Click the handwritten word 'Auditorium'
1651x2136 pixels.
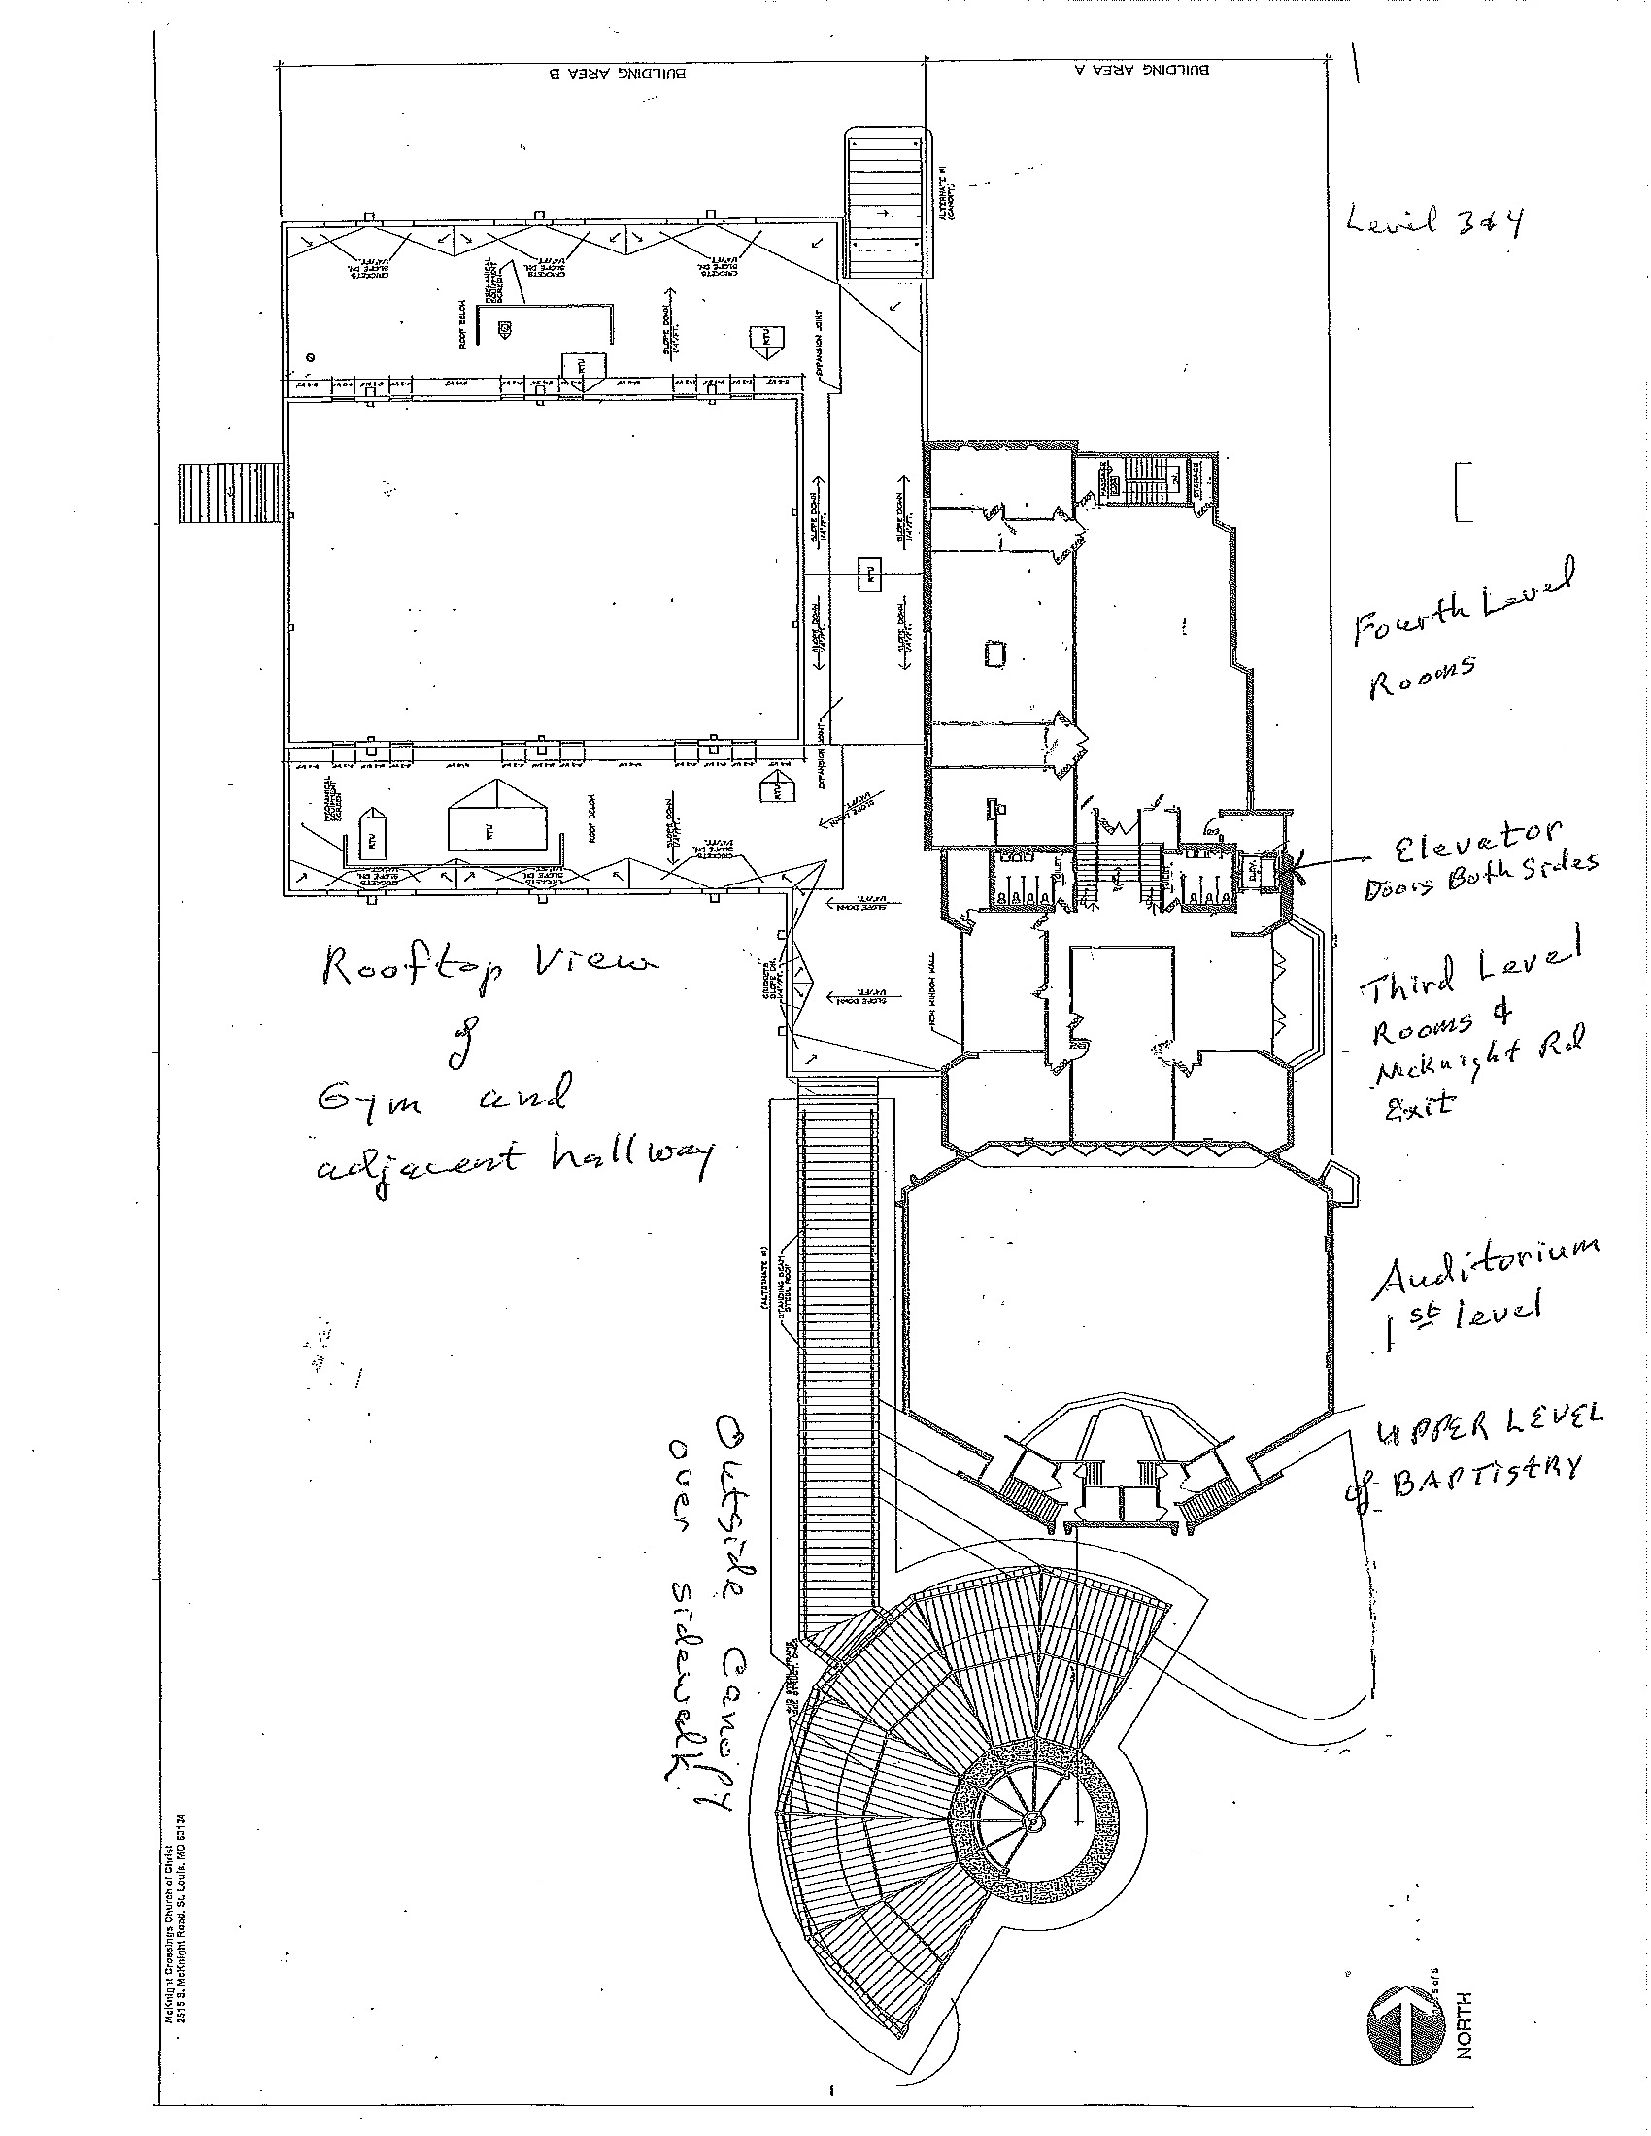(x=1487, y=1266)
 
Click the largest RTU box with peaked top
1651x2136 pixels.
(x=497, y=817)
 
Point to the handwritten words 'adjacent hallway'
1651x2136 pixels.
(x=514, y=1156)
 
